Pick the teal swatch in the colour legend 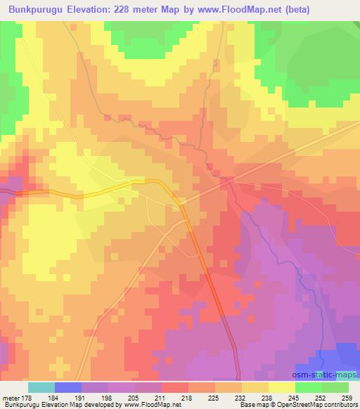coord(41,387)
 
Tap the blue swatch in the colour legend coord(68,387)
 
